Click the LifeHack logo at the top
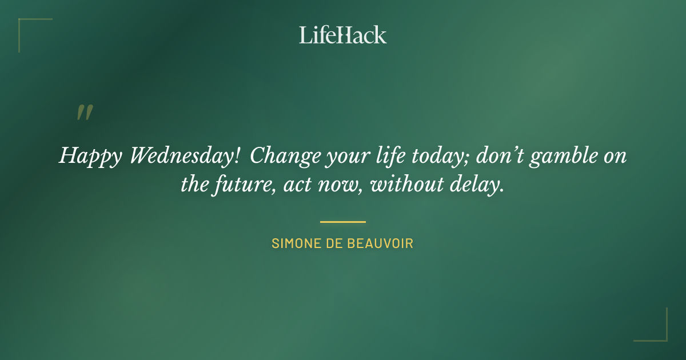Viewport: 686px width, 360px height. [x=342, y=35]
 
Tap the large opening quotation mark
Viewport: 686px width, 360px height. [x=84, y=113]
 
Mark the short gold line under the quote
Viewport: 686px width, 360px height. [x=342, y=222]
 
